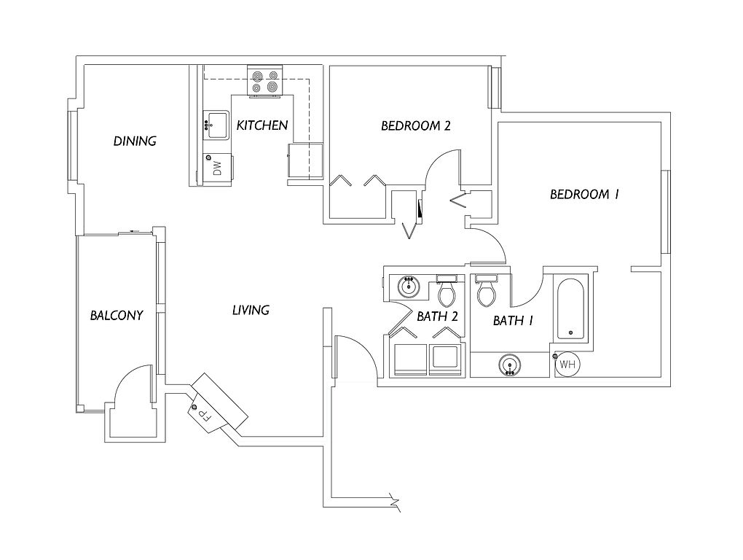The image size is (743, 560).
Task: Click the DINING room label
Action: pyautogui.click(x=135, y=141)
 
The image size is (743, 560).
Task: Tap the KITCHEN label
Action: pyautogui.click(x=262, y=125)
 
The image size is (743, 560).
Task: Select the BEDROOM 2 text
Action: pyautogui.click(x=415, y=125)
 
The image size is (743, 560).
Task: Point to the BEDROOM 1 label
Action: pyautogui.click(x=584, y=194)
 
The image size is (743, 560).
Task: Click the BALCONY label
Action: pyautogui.click(x=117, y=315)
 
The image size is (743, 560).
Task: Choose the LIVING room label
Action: pyautogui.click(x=251, y=310)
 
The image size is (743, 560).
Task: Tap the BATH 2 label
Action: pyautogui.click(x=437, y=316)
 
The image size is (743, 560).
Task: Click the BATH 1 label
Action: pyautogui.click(x=514, y=321)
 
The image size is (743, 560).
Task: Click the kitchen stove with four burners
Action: pyautogui.click(x=265, y=82)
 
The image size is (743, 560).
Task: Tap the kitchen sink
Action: pyautogui.click(x=216, y=125)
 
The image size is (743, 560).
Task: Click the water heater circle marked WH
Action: pyautogui.click(x=567, y=364)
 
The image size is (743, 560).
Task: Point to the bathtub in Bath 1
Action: pyautogui.click(x=570, y=309)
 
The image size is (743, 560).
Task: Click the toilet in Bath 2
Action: pyautogui.click(x=447, y=290)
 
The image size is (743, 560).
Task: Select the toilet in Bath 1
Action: pyautogui.click(x=486, y=289)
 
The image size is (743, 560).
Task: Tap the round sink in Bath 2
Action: pyautogui.click(x=408, y=287)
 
